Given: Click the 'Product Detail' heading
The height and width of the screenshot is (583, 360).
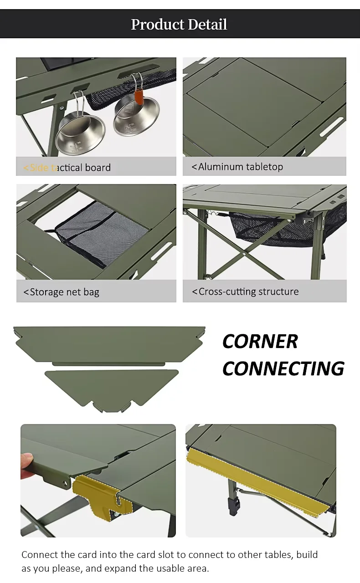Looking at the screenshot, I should click(179, 24).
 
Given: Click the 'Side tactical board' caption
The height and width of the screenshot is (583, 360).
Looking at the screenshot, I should click(67, 168).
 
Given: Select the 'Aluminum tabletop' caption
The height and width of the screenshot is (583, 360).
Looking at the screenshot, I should click(237, 167).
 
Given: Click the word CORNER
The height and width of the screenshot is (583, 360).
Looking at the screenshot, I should click(260, 342).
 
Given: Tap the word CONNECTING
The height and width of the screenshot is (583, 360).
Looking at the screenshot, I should click(283, 368).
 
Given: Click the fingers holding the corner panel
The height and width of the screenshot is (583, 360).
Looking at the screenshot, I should click(27, 465).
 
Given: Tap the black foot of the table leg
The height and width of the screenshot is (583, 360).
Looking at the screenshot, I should click(237, 505).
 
